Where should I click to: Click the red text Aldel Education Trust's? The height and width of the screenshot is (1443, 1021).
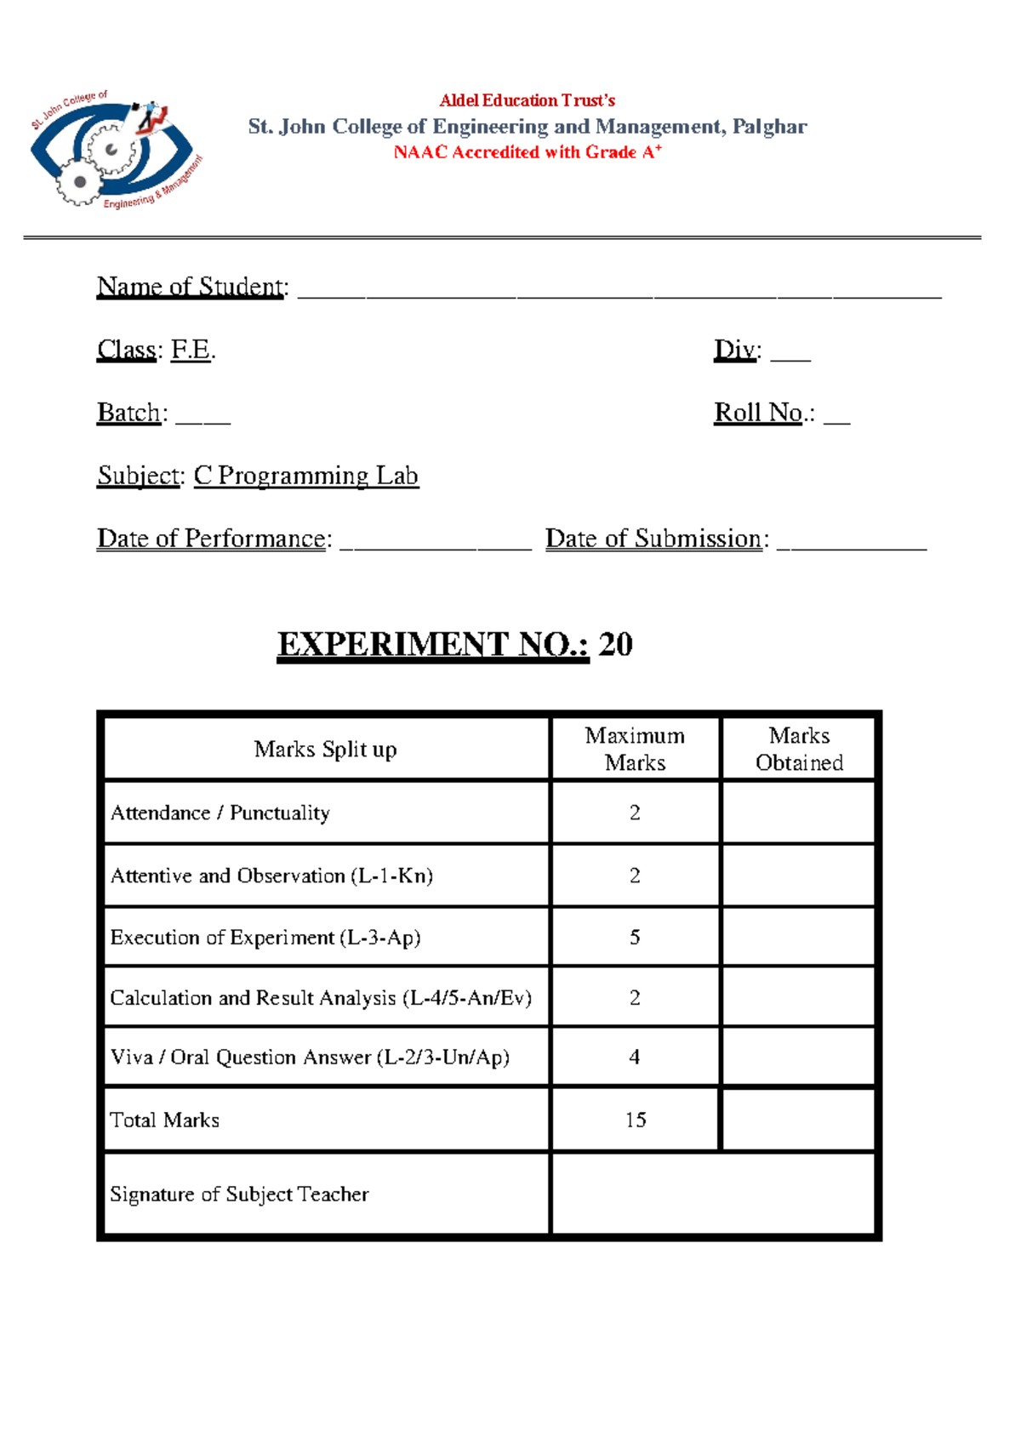point(527,100)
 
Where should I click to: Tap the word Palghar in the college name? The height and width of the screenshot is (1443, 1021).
point(769,127)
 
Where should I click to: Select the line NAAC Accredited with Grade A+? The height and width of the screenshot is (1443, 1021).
point(527,152)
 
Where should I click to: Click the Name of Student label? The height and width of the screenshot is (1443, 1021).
point(191,287)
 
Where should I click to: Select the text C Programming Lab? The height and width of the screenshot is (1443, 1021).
point(306,476)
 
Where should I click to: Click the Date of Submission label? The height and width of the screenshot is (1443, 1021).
point(653,539)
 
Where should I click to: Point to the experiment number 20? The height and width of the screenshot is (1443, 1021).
point(615,645)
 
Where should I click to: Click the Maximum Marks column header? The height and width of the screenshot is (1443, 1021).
point(635,749)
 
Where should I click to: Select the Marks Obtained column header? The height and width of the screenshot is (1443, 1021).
point(799,749)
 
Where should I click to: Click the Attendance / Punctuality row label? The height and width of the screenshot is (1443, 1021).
point(220,813)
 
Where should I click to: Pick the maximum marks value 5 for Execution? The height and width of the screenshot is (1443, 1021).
point(635,938)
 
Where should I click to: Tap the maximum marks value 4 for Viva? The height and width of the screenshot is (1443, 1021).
point(635,1057)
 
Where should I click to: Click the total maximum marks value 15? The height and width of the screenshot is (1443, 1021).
point(636,1120)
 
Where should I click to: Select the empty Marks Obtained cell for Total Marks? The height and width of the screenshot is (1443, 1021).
point(798,1120)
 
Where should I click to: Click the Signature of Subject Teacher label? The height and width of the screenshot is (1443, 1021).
point(239,1195)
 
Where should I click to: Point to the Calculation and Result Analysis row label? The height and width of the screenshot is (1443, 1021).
point(321,998)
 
